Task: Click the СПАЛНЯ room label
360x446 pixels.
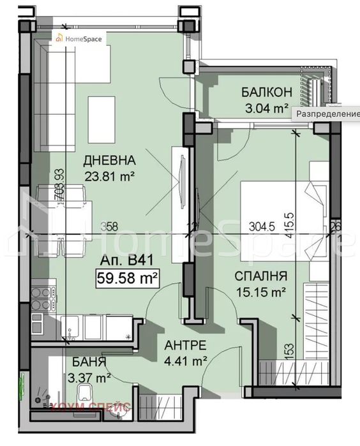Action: click(x=259, y=276)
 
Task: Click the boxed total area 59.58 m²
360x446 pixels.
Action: click(x=127, y=277)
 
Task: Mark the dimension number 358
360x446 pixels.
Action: click(x=110, y=225)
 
